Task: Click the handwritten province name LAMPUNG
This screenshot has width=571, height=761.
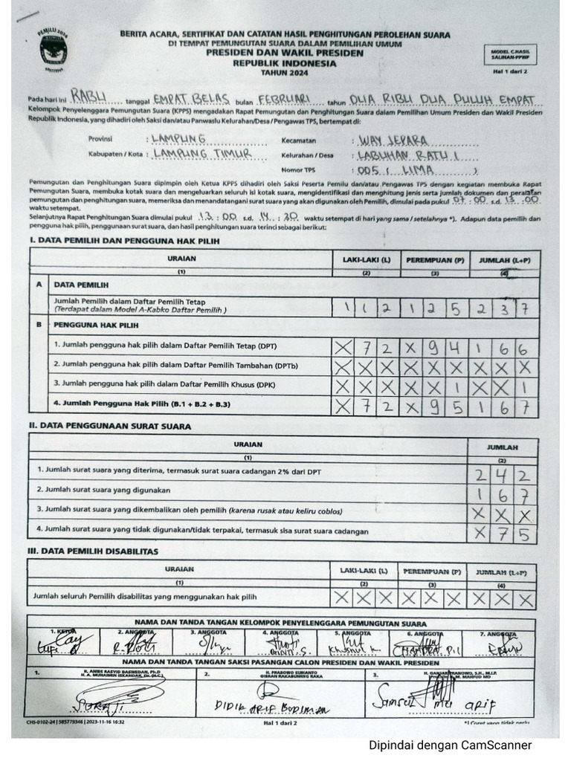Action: (x=178, y=139)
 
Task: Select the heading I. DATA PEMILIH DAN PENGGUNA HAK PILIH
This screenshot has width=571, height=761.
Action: (x=124, y=241)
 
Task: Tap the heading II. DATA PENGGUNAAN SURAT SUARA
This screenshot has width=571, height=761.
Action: (x=109, y=426)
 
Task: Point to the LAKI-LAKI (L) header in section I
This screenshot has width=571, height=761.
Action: (x=365, y=260)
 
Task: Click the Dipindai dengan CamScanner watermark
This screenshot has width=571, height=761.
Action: (x=450, y=745)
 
